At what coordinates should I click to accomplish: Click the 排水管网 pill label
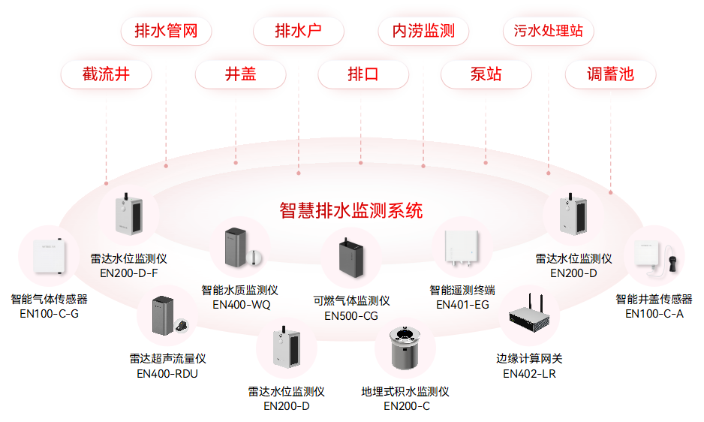point(166,32)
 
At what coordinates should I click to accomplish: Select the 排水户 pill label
point(298,32)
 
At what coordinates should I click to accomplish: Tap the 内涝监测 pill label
point(423,32)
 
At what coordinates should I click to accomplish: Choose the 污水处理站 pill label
point(548,32)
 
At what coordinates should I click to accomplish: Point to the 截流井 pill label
point(107,74)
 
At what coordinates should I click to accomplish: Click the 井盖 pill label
point(240,74)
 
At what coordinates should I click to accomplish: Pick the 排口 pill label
point(363,74)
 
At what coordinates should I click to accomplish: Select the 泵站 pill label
point(486,74)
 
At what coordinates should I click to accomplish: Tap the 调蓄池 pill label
point(610,74)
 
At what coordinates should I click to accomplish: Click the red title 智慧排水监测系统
point(351,210)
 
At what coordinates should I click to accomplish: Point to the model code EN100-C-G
point(50,313)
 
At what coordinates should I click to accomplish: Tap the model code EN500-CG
point(351,316)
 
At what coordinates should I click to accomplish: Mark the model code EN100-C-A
point(654,313)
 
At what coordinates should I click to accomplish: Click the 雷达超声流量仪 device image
point(167,315)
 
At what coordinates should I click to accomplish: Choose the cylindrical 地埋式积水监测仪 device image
point(406,348)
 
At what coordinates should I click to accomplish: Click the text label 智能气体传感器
point(50,299)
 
